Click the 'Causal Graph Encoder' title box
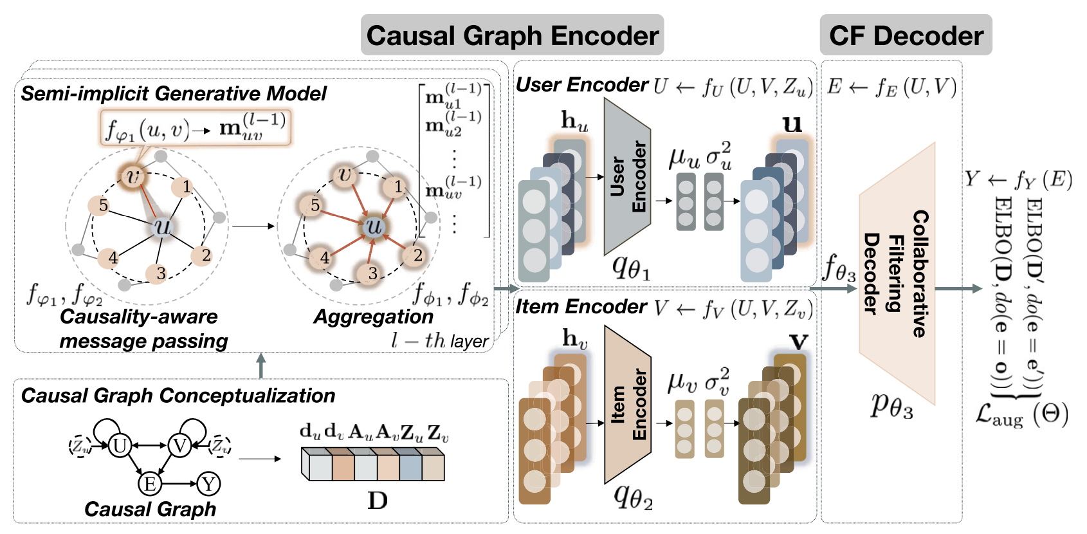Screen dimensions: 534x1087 (512, 35)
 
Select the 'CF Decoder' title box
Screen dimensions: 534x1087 (906, 35)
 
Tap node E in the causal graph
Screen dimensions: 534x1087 (150, 484)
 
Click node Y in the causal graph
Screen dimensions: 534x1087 (208, 484)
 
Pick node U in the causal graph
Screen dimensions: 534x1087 (120, 445)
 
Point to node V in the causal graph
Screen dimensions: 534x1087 (179, 445)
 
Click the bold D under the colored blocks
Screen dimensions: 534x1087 (377, 501)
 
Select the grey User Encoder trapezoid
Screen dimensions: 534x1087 (627, 177)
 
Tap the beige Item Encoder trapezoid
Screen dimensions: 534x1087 (627, 404)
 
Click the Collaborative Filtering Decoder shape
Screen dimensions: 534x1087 (897, 273)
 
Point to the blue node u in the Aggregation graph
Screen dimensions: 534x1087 (374, 226)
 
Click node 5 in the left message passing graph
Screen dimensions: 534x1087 (102, 205)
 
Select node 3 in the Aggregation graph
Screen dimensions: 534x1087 (372, 273)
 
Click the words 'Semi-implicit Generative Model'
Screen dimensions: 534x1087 (174, 94)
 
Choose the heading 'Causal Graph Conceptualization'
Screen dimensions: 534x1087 (178, 395)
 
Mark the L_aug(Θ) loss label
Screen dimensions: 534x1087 (1021, 415)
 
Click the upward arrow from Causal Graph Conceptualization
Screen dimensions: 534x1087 (260, 365)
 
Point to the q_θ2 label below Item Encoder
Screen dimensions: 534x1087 (633, 496)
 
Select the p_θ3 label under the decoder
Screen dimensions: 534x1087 (891, 405)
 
